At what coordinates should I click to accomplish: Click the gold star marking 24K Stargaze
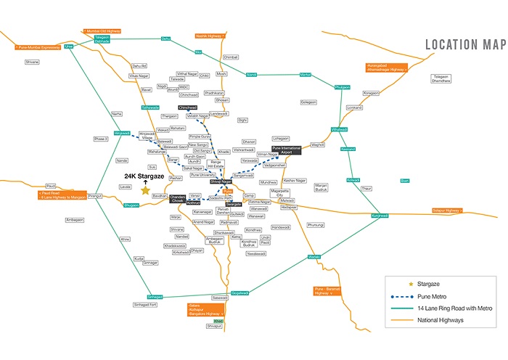pyautogui.click(x=145, y=190)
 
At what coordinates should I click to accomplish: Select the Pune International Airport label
pyautogui.click(x=286, y=150)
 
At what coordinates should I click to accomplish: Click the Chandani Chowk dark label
pyautogui.click(x=179, y=198)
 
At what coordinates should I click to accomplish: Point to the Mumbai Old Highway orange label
pyautogui.click(x=101, y=31)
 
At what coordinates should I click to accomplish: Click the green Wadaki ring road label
pyautogui.click(x=314, y=257)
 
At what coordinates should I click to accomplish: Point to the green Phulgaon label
pyautogui.click(x=342, y=87)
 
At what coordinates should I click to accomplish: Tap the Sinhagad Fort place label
pyautogui.click(x=144, y=305)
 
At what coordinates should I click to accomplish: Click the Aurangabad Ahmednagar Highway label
pyautogui.click(x=388, y=68)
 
